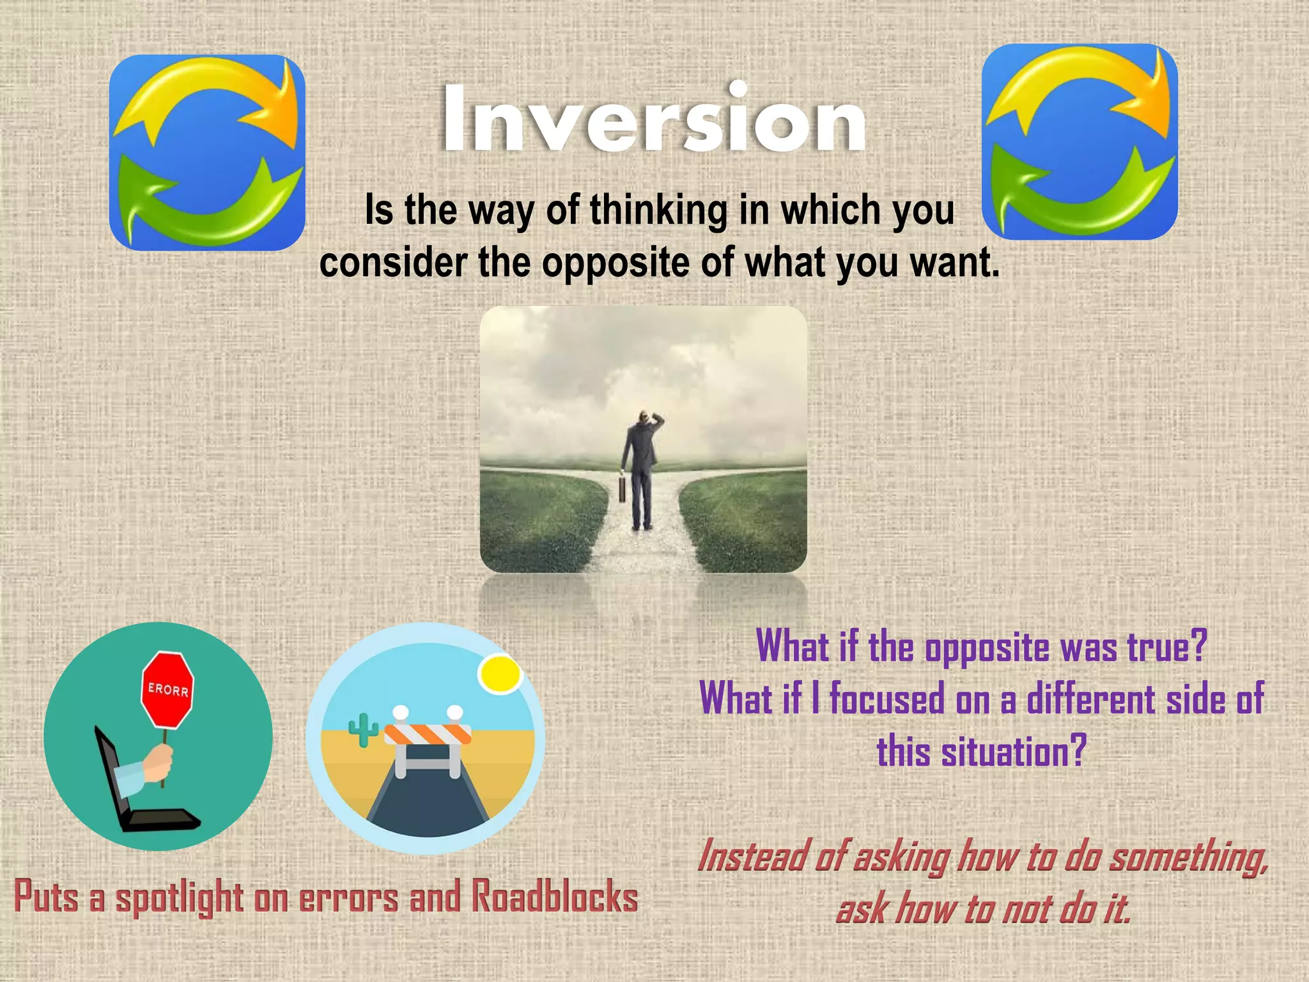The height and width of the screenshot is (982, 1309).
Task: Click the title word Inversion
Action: click(653, 120)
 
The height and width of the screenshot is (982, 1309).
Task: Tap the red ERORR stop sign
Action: click(167, 690)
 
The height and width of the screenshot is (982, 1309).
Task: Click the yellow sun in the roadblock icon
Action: click(500, 674)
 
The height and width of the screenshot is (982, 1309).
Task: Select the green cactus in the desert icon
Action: click(363, 729)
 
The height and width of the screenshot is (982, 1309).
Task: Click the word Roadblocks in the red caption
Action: click(555, 896)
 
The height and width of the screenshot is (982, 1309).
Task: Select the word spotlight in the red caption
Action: click(179, 898)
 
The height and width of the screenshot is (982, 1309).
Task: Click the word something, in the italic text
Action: click(1189, 857)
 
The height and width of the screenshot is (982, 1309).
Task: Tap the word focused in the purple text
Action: click(886, 699)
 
